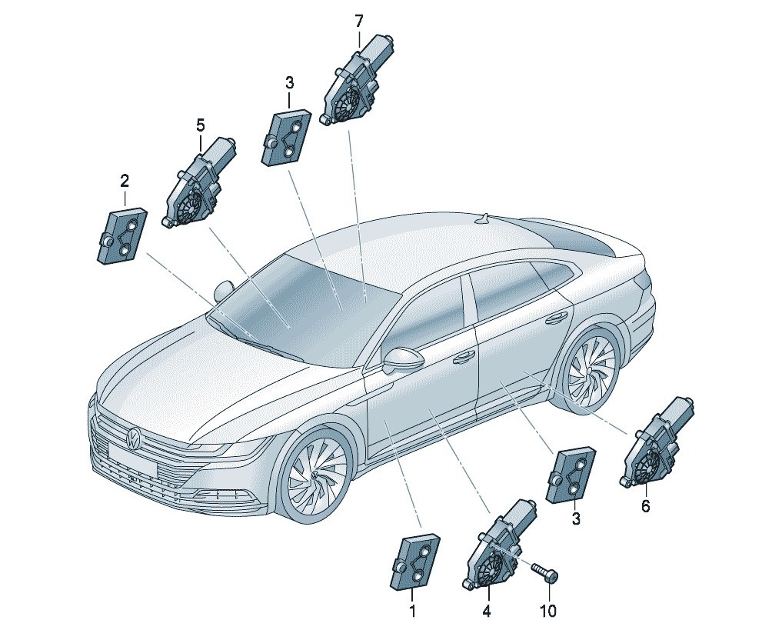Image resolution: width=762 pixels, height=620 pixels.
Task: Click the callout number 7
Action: click(x=358, y=22)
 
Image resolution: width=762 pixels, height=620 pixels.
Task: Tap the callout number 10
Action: click(x=547, y=610)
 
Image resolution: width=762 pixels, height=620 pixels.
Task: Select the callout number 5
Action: click(x=200, y=125)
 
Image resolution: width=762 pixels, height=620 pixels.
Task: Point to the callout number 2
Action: click(x=125, y=182)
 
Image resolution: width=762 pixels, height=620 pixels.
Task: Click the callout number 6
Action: click(x=645, y=506)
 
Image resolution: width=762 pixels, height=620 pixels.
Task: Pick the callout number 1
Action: click(x=413, y=610)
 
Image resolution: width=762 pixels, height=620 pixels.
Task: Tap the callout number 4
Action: click(x=487, y=610)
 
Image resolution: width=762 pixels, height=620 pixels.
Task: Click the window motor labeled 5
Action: click(x=199, y=183)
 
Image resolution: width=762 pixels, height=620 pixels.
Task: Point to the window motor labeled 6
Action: click(x=657, y=442)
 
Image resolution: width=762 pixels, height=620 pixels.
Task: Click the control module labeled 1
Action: click(x=415, y=562)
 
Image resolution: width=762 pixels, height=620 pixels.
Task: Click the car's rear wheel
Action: click(x=590, y=372)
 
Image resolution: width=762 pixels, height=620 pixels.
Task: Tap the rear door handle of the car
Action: click(x=554, y=319)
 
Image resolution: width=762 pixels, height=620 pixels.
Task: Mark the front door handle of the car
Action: click(x=463, y=358)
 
